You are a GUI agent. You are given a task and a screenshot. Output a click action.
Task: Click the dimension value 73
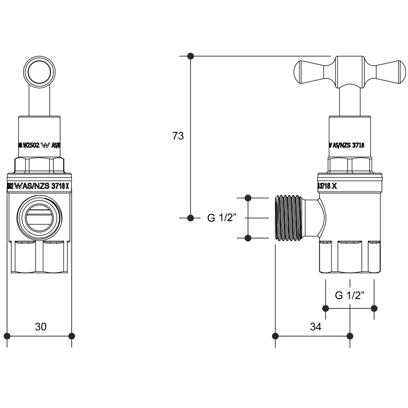pos(178,136)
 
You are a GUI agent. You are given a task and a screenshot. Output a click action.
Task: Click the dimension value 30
pos(41,326)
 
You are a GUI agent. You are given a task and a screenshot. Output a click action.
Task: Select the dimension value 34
pos(315,326)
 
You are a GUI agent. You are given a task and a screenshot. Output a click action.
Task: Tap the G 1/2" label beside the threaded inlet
pos(222,218)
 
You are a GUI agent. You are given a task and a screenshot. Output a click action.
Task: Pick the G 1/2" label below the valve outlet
pos(350,295)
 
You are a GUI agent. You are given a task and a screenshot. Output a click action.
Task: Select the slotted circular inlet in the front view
pos(39,217)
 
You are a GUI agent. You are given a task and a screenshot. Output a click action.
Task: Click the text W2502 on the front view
pos(31,145)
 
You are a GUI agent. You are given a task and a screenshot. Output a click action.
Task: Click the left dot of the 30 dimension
pos(7,336)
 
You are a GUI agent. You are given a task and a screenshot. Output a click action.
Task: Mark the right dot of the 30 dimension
pos(72,336)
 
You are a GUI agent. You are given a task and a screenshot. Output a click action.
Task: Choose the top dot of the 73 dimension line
pos(190,56)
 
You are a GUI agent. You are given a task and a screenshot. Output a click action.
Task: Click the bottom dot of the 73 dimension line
pos(190,218)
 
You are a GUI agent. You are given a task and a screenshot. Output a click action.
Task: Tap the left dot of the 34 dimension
pos(275,336)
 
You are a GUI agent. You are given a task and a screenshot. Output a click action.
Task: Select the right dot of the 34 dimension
pos(350,336)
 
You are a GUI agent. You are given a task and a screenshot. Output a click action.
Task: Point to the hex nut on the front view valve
pos(39,165)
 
